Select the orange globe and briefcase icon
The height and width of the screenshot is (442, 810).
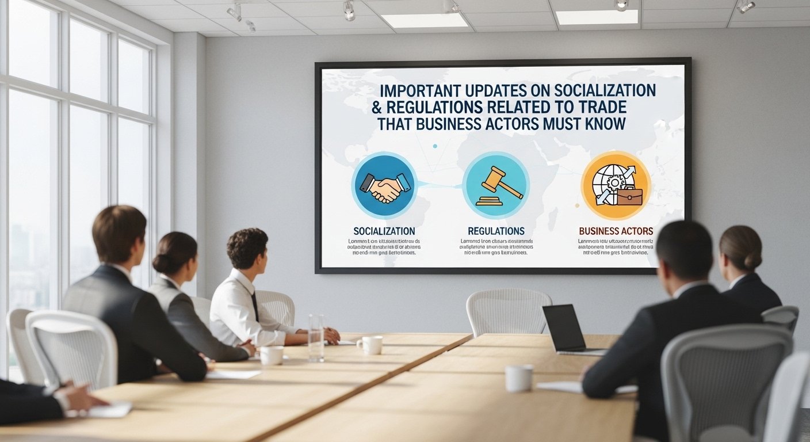[x=616, y=186]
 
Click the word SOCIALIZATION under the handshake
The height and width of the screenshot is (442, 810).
[x=384, y=231]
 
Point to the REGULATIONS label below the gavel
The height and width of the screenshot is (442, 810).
[x=496, y=231]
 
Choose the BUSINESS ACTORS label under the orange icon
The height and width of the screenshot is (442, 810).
[x=616, y=231]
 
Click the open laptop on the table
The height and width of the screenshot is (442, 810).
[x=567, y=330]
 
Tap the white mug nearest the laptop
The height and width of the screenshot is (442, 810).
[x=518, y=378]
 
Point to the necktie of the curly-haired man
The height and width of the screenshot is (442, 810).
[x=254, y=306]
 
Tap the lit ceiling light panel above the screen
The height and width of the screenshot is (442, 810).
[x=425, y=20]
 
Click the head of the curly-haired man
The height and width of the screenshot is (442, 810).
[x=247, y=250]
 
